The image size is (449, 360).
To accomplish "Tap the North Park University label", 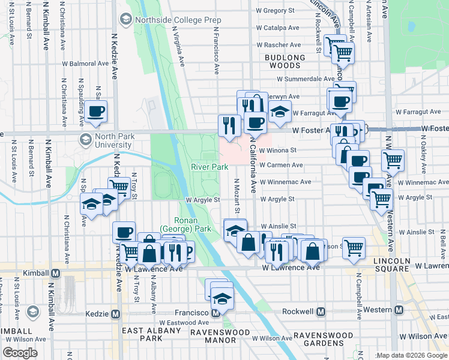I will [105, 140].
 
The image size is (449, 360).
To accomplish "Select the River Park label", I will [207, 166].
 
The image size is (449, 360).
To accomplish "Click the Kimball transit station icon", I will [56, 273].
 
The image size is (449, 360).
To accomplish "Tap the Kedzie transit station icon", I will [116, 314].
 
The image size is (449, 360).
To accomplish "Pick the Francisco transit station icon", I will [215, 313].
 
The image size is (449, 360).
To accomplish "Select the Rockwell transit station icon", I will [321, 312].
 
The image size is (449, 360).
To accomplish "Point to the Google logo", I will [20, 353].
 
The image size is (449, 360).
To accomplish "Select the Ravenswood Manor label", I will [213, 336].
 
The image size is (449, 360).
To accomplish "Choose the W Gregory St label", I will [276, 10].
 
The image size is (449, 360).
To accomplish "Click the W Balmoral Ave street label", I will [86, 63].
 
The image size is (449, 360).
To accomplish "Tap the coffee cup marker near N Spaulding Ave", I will [96, 111].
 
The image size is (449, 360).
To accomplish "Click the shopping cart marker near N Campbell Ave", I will [354, 246].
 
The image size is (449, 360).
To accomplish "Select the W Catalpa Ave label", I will [277, 28].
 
